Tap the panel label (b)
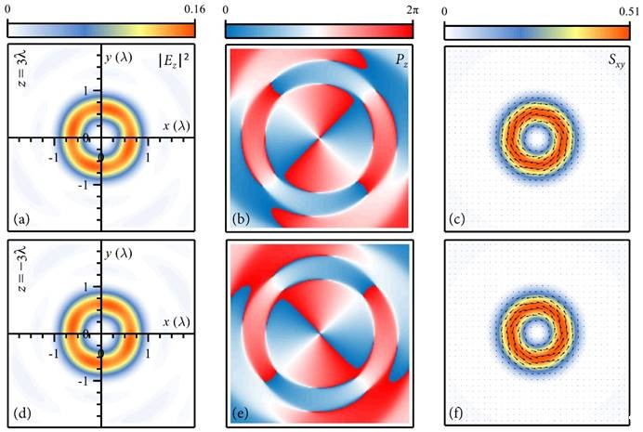tap(240, 220)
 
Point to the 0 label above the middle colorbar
tap(228, 8)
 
